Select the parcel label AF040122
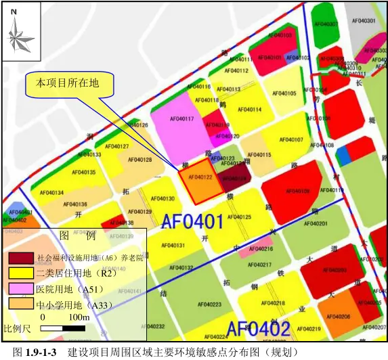[x=200, y=177]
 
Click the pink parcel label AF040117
[x=180, y=119]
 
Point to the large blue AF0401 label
[x=192, y=221]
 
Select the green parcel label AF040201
[x=315, y=224]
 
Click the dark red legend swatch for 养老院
[x=20, y=258]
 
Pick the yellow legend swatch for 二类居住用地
[x=20, y=273]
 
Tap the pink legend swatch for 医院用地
[x=20, y=289]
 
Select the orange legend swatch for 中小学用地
[x=20, y=305]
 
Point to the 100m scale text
[x=79, y=317]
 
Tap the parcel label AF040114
[x=251, y=110]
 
